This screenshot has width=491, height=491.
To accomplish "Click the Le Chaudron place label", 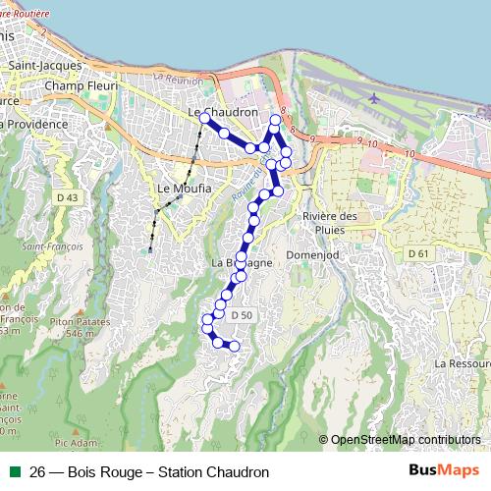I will click(222, 113).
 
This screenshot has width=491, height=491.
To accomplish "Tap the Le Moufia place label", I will click(178, 188).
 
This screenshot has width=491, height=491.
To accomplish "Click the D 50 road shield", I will click(242, 314).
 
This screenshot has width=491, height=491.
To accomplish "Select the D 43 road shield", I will click(67, 197).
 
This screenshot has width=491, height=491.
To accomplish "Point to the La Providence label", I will click(34, 125).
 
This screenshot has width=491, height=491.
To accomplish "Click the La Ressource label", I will click(464, 362).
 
